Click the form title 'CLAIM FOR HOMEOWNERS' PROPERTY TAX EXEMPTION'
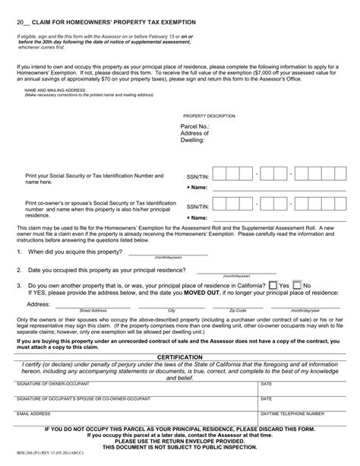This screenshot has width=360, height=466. tap(106, 24)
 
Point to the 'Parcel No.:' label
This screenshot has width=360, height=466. tap(195, 126)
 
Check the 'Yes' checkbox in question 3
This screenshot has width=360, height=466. tap(273, 284)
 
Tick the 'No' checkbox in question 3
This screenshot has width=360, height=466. tap(298, 284)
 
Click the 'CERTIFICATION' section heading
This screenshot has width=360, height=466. tap(179, 356)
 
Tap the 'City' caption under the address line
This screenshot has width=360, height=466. tap(171, 311)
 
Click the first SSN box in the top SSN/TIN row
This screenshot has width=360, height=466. tap(233, 176)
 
